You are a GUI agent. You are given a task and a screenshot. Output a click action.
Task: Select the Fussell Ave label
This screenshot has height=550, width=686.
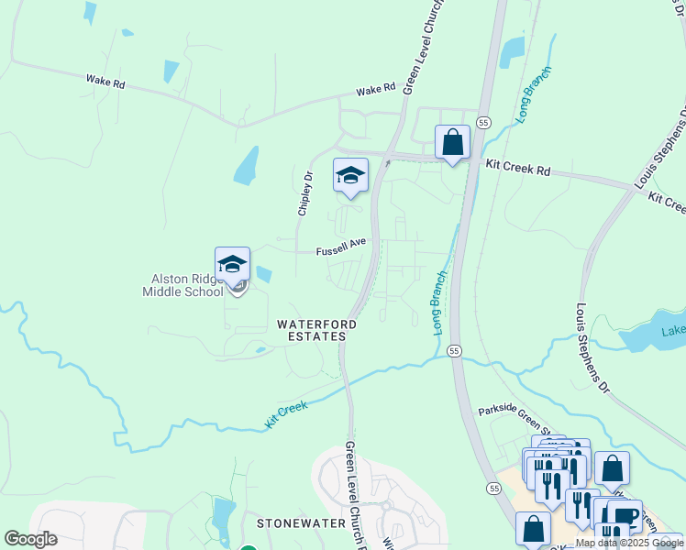tap(341, 247)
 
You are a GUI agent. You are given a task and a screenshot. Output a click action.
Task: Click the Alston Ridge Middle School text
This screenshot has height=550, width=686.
tap(183, 285)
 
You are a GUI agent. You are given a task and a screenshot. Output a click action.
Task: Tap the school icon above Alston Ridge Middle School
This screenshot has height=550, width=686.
tap(233, 264)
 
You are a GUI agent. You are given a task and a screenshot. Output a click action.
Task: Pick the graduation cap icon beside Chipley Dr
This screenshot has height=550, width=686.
tap(350, 175)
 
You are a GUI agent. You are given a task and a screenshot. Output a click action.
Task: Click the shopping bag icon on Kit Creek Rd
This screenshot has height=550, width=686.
tap(452, 142)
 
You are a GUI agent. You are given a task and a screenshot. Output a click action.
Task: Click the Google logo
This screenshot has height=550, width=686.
tap(30, 539)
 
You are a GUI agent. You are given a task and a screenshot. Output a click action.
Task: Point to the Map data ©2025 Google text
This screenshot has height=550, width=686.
tap(629, 543)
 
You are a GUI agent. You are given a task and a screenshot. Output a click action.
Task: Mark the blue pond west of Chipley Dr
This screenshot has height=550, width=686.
tap(246, 166)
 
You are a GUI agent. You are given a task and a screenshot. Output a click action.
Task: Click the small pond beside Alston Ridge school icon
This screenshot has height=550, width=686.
tap(264, 273)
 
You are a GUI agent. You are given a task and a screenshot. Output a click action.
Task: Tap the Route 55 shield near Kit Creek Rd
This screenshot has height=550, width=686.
tap(483, 122)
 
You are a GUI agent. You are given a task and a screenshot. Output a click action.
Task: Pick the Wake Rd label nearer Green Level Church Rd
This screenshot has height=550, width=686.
tap(375, 89)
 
